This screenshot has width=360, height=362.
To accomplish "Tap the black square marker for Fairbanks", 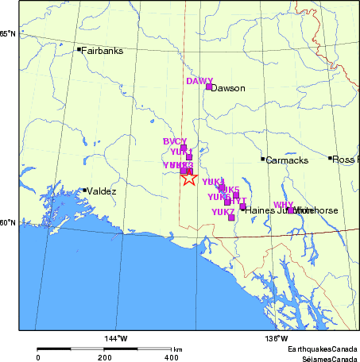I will click(79, 49).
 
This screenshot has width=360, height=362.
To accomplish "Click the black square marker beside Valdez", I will click(84, 190).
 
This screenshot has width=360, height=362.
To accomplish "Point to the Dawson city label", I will click(228, 88).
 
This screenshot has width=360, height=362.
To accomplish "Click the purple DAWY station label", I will click(199, 81).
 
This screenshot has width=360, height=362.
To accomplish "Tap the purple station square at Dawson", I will click(209, 86).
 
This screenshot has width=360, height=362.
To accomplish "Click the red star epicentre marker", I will click(188, 177).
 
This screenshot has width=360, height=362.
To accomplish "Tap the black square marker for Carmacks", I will click(263, 159).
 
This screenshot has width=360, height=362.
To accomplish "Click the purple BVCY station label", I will click(175, 141).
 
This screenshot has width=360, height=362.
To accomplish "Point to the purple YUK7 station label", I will click(223, 212).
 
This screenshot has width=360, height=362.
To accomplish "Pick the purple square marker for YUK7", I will click(231, 218).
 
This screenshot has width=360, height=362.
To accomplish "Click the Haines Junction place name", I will click(270, 210).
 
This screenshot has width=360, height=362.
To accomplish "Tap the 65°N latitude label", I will click(8, 33).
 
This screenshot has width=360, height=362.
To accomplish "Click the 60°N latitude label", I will click(8, 222).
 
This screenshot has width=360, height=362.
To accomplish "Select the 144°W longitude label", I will click(117, 340).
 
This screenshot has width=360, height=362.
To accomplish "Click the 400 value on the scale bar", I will click(171, 358).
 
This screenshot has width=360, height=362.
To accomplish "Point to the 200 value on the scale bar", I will click(104, 358).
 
